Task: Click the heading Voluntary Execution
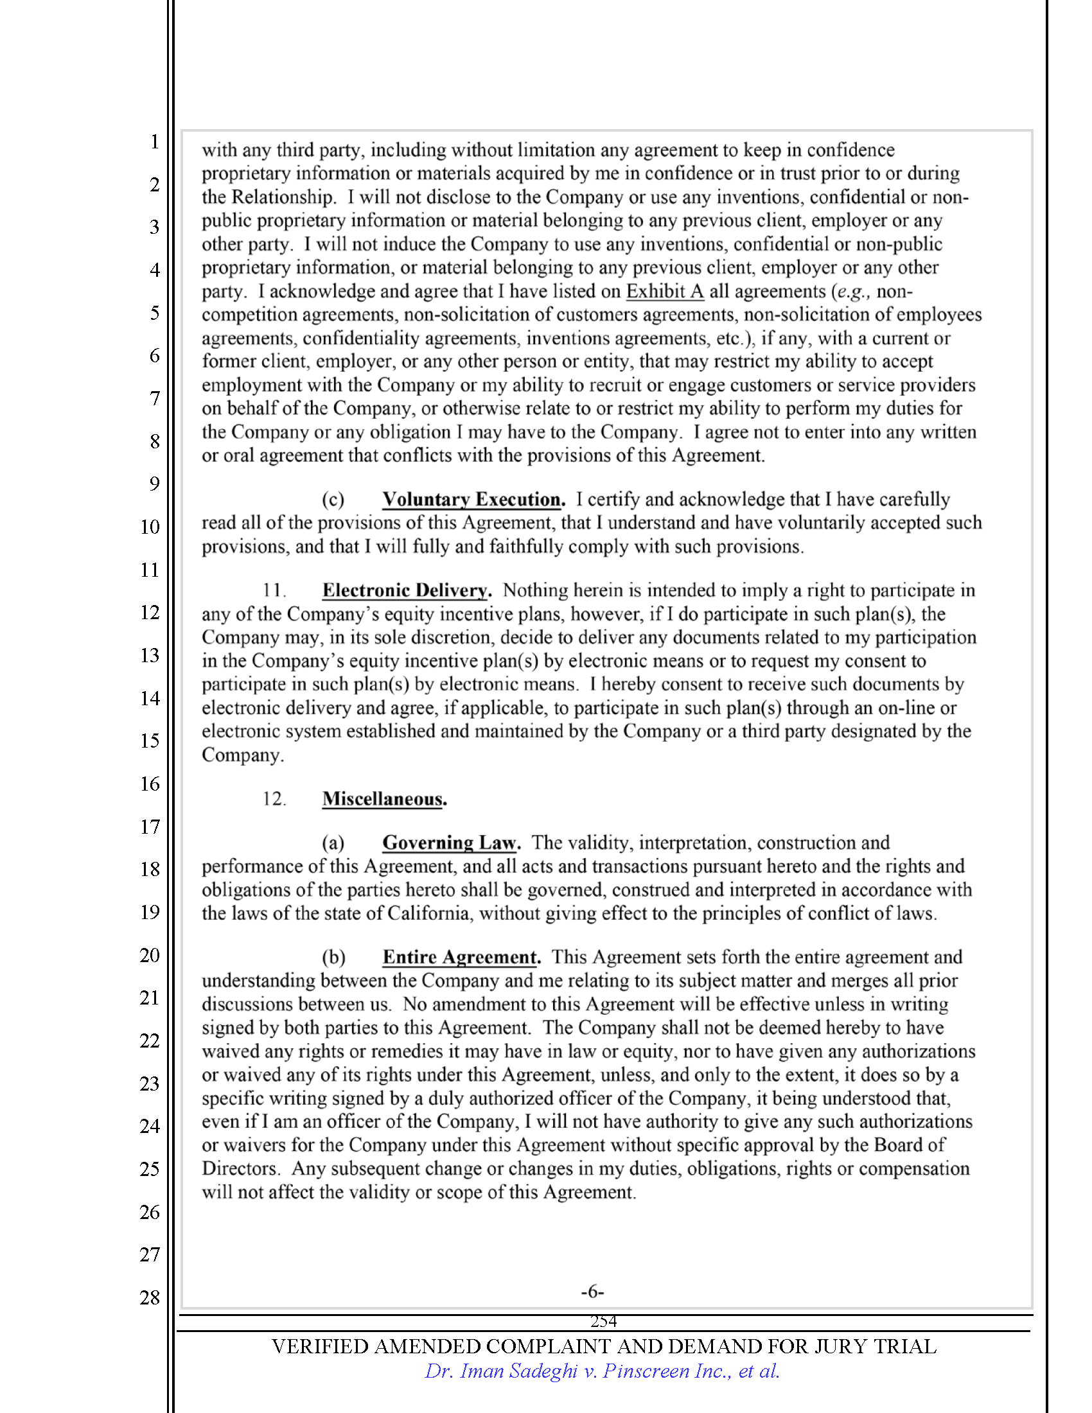point(473,500)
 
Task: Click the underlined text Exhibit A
point(664,291)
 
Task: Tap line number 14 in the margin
point(150,698)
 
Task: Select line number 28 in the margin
point(150,1297)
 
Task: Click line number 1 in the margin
point(154,141)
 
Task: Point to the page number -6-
point(592,1292)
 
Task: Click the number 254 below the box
point(603,1321)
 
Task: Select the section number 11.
point(274,590)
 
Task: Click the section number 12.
point(274,799)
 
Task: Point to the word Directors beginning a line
point(240,1168)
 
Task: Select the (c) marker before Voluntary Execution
point(333,500)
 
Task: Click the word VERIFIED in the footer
point(320,1346)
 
